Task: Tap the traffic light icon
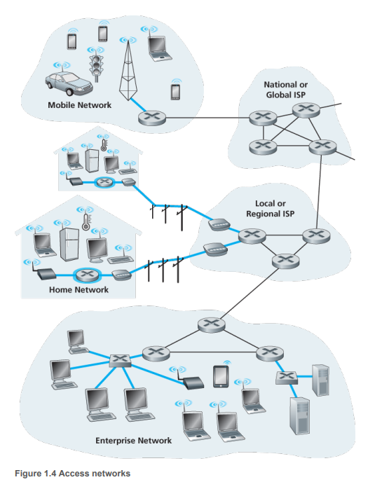[x=96, y=68]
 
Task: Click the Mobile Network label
[x=80, y=105]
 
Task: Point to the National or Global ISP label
[x=286, y=90]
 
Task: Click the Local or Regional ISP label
[x=271, y=208]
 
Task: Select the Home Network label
[x=79, y=289]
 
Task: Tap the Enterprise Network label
[x=133, y=441]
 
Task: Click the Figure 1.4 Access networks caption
[x=73, y=474]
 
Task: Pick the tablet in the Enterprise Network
[x=221, y=376]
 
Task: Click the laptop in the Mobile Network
[x=159, y=48]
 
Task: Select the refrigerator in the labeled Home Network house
[x=69, y=245]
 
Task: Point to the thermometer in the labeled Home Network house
[x=86, y=222]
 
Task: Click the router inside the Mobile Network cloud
[x=152, y=118]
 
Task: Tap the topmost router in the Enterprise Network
[x=211, y=325]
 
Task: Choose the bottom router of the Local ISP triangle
[x=286, y=261]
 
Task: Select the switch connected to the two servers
[x=287, y=378]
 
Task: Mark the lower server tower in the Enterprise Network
[x=299, y=416]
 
